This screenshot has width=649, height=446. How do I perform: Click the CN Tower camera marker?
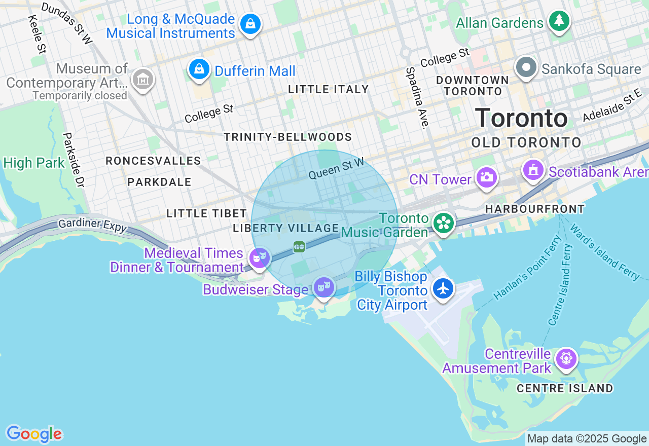(486, 177)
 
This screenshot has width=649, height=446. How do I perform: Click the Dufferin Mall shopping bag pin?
(199, 68)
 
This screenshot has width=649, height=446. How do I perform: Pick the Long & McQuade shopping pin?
(250, 24)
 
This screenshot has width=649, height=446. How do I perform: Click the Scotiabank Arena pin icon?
(533, 170)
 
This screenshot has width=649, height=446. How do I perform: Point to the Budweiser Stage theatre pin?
(323, 287)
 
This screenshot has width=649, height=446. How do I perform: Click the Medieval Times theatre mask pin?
(260, 258)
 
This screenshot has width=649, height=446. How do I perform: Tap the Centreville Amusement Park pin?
(566, 359)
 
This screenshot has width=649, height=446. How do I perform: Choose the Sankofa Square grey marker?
(526, 67)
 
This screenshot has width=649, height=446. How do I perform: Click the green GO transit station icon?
(299, 247)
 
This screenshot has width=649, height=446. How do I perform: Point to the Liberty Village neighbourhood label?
(285, 229)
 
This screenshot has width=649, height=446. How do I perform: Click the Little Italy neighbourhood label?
(329, 90)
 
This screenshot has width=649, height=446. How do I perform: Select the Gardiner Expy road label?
(92, 226)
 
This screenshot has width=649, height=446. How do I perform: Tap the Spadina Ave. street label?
(417, 97)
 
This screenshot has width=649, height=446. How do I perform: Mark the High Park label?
(34, 163)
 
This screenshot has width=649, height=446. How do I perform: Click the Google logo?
(34, 434)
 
